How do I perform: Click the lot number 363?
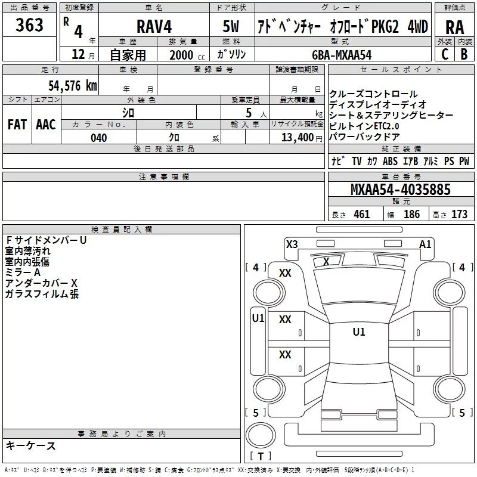coord(29,24)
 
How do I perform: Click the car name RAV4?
coord(154,26)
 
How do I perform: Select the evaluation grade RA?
coord(454,27)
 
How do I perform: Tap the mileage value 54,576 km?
coord(73,85)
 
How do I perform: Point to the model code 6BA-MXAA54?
coord(342,55)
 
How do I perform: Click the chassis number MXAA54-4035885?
coord(400,189)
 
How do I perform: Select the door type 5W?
coord(231,26)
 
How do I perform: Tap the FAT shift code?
coord(17,125)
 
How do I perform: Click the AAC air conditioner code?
coord(46,125)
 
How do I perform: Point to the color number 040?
coord(99,138)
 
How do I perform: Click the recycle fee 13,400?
coord(298,138)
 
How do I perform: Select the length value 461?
coord(362,214)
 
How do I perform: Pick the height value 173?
coord(459,214)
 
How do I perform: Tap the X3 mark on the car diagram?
coord(292,244)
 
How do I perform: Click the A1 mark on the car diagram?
coord(425,244)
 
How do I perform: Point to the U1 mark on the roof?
coord(359,332)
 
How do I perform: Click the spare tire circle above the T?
coord(261,435)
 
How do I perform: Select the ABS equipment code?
coord(391,161)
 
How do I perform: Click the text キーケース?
coord(31,445)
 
